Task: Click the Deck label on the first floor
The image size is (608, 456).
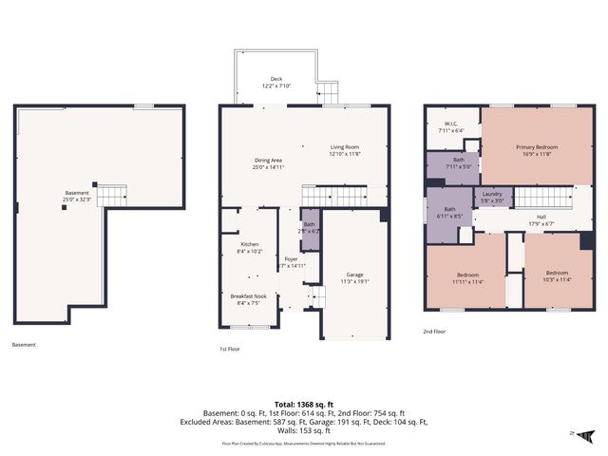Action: pyautogui.click(x=276, y=80)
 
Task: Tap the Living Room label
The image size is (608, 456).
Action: pyautogui.click(x=344, y=147)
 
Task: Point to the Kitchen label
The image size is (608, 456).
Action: pyautogui.click(x=249, y=245)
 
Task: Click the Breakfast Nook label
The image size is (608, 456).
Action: pyautogui.click(x=247, y=297)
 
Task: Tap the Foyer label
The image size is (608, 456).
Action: pyautogui.click(x=291, y=258)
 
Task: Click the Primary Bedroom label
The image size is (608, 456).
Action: pyautogui.click(x=537, y=147)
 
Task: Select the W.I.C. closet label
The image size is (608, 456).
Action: pyautogui.click(x=451, y=124)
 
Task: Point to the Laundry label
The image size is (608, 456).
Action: pyautogui.click(x=498, y=194)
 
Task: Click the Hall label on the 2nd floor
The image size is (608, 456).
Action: pyautogui.click(x=541, y=218)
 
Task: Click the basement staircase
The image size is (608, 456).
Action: pyautogui.click(x=112, y=195)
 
